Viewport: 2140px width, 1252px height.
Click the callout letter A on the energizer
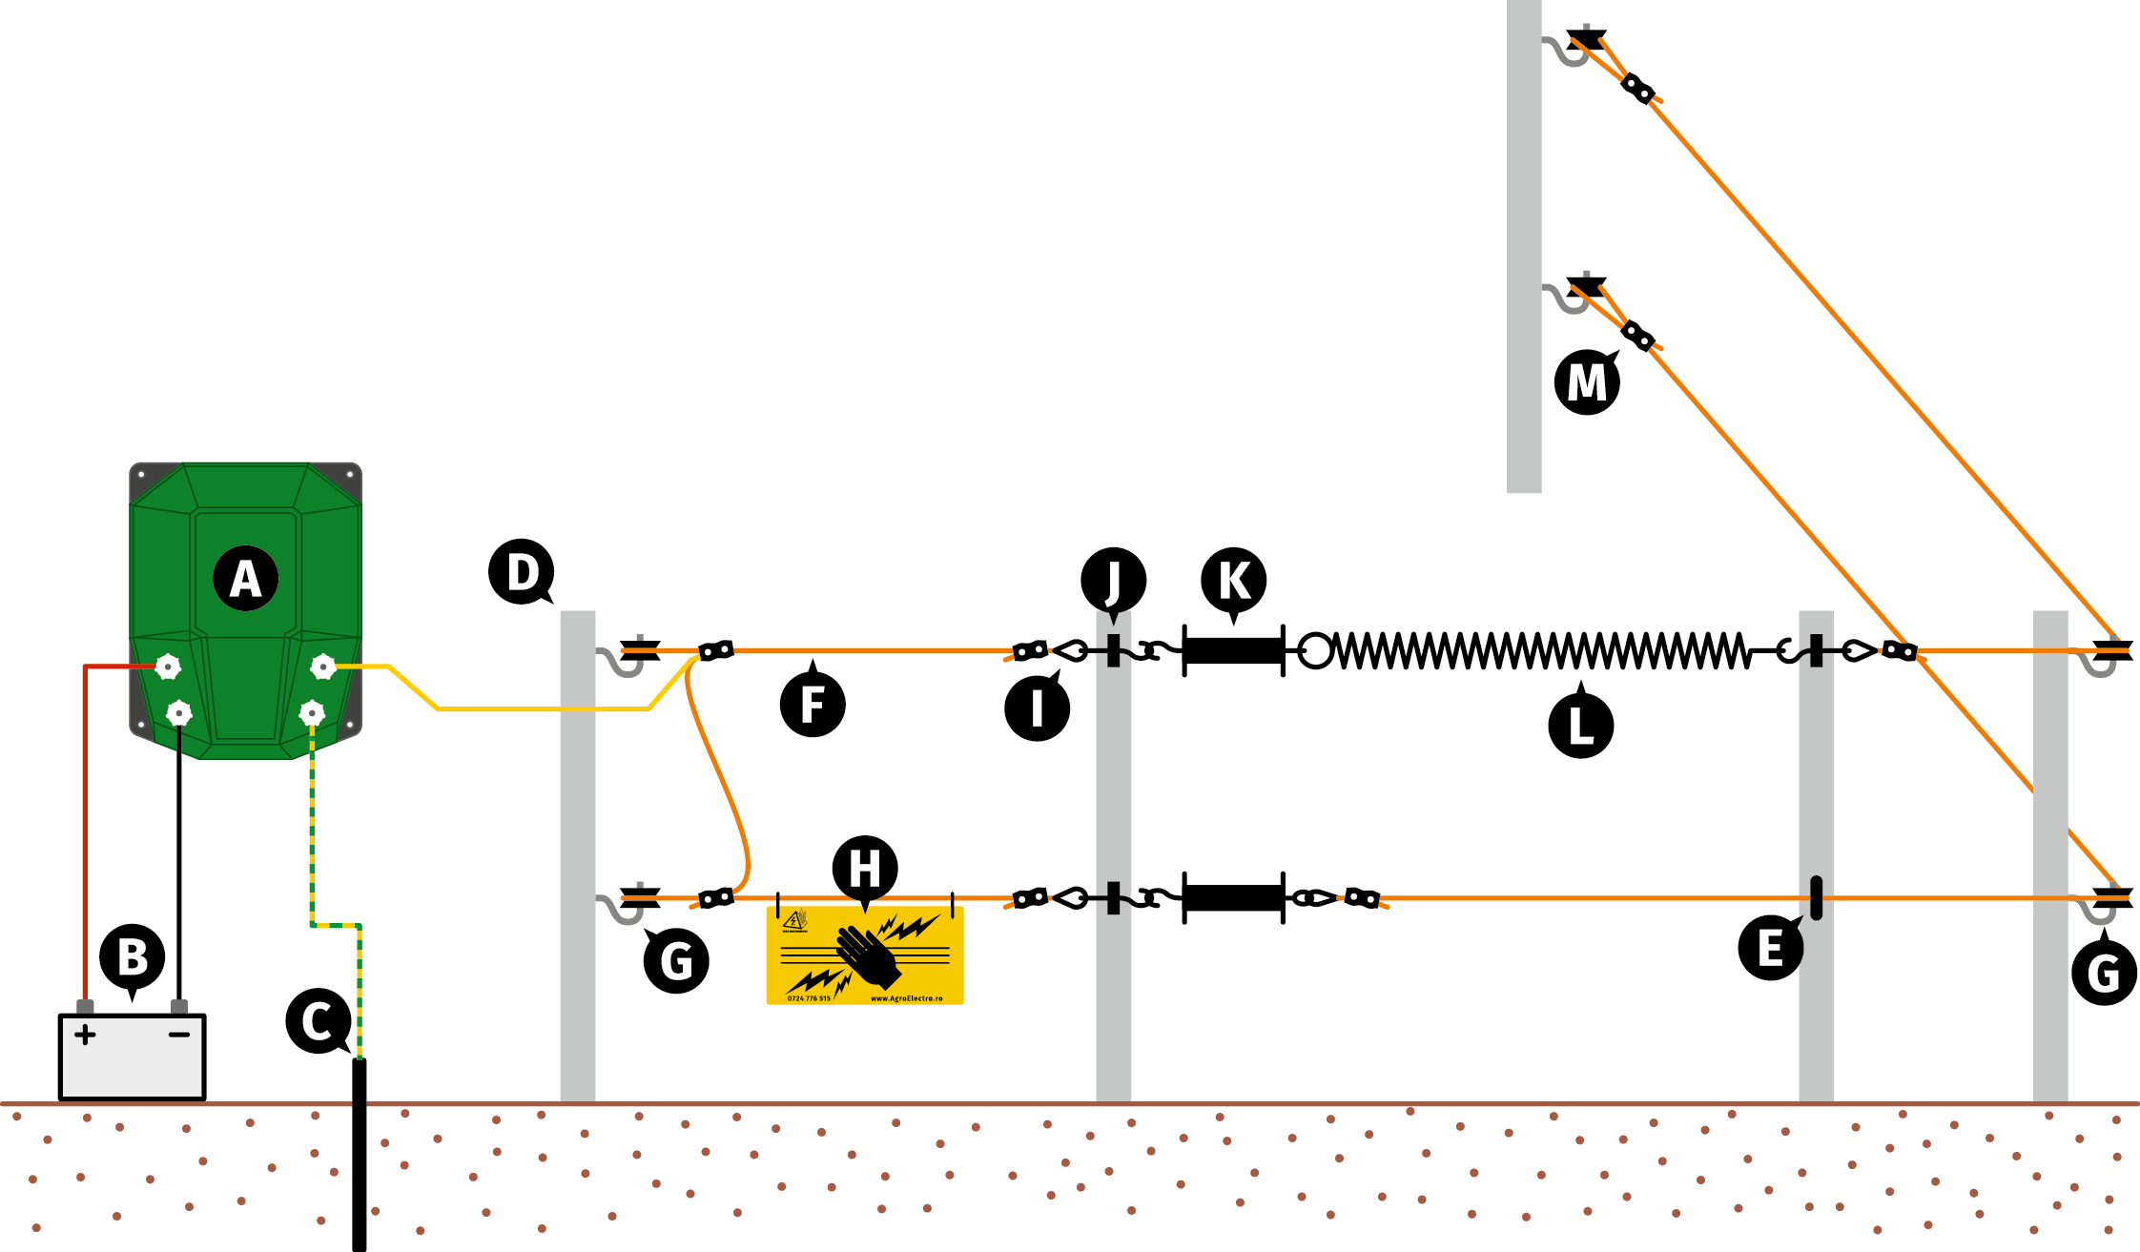(x=246, y=579)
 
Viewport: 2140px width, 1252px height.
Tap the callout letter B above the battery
(x=133, y=956)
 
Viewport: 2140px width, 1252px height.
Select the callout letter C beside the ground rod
(x=318, y=1020)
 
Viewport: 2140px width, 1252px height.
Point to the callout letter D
(x=521, y=572)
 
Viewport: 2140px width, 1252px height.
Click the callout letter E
(x=1770, y=948)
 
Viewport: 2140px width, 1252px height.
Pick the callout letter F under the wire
(x=813, y=705)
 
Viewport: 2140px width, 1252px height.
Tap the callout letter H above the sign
(x=865, y=869)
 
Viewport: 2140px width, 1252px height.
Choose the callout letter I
(x=1037, y=708)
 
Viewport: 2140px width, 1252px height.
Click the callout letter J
(x=1113, y=580)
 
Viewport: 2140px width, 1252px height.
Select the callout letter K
(x=1234, y=580)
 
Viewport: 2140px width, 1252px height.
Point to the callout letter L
(x=1580, y=726)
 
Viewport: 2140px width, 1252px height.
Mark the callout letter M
(x=1587, y=382)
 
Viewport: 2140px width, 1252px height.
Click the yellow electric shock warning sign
(x=865, y=955)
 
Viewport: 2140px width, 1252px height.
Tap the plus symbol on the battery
(x=85, y=1035)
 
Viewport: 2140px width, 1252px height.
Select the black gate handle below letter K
(x=1233, y=651)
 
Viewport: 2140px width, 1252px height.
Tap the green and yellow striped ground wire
(x=313, y=830)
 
